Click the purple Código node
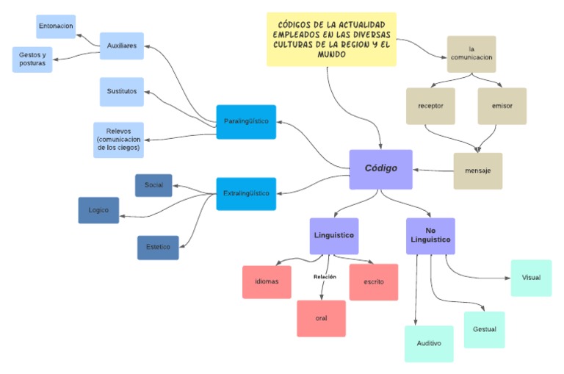pyautogui.click(x=380, y=169)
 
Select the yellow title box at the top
pyautogui.click(x=330, y=39)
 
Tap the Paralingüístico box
pyautogui.click(x=246, y=121)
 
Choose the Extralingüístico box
pyautogui.click(x=246, y=194)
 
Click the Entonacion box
pyautogui.click(x=56, y=26)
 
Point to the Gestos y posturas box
pyautogui.click(x=32, y=60)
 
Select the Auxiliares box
pyautogui.click(x=121, y=45)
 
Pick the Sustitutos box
pyautogui.click(x=121, y=92)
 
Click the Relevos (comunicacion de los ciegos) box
pyautogui.click(x=118, y=140)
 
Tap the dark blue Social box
pyautogui.click(x=153, y=185)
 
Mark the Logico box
pyautogui.click(x=98, y=210)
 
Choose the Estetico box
pyautogui.click(x=158, y=248)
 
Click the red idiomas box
pyautogui.click(x=267, y=281)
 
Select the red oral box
pyautogui.click(x=321, y=318)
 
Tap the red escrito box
pyautogui.click(x=374, y=281)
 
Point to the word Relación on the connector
pyautogui.click(x=325, y=277)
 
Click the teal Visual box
pyautogui.click(x=531, y=278)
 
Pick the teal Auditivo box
pyautogui.click(x=429, y=343)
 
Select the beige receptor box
pyautogui.click(x=430, y=106)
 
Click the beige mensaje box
pyautogui.click(x=477, y=171)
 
